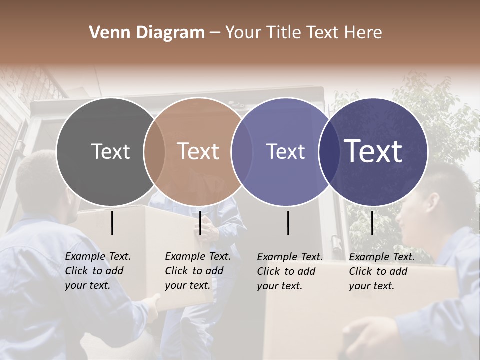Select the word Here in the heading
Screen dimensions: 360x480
click(x=365, y=33)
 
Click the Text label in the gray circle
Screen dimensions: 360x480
click(x=110, y=151)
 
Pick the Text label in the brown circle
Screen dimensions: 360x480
click(x=198, y=151)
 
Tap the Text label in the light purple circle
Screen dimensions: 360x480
click(x=285, y=151)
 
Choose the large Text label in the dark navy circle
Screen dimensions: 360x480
click(x=373, y=151)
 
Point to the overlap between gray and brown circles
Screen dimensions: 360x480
click(x=154, y=151)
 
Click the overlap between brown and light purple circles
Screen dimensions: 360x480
click(x=242, y=151)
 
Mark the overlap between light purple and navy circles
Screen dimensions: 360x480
click(x=329, y=151)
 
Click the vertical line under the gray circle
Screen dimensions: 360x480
click(x=112, y=223)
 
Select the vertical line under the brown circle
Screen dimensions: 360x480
click(x=200, y=223)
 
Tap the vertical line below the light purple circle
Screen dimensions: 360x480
click(x=288, y=223)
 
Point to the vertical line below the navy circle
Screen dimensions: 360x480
click(x=372, y=223)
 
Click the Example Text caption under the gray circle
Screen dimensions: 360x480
click(x=98, y=271)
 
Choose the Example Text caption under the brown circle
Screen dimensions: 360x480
click(x=198, y=271)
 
